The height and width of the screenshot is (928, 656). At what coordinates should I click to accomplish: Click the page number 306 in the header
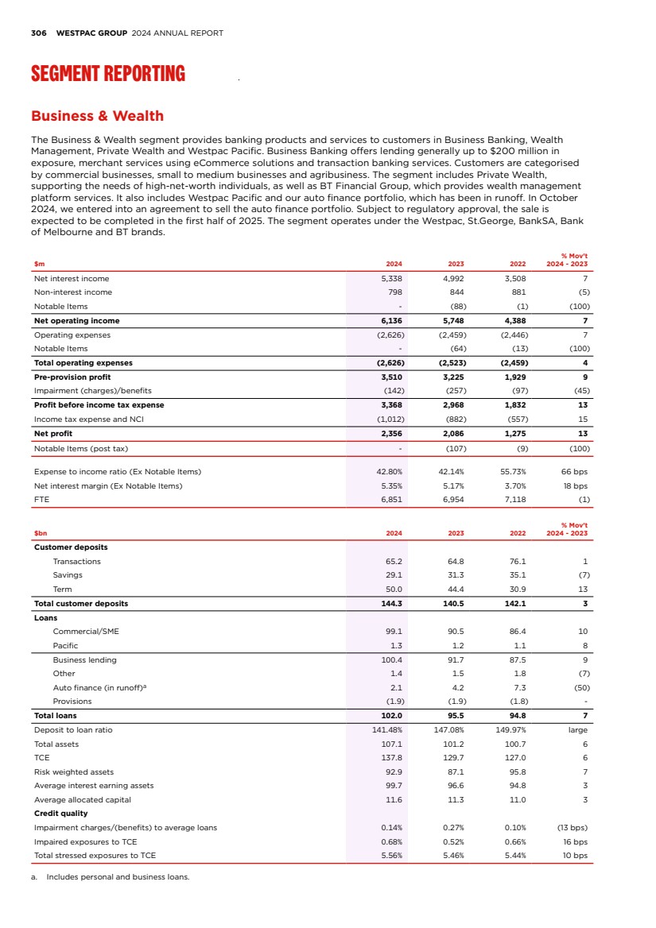coord(38,33)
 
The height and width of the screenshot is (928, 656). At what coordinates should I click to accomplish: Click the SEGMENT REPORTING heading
coord(108,75)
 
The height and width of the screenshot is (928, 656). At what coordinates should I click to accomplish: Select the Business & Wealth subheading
coord(97,116)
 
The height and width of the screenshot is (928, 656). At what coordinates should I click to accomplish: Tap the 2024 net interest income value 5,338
coord(392,279)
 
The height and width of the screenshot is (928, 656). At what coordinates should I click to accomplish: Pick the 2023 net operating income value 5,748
coord(452,321)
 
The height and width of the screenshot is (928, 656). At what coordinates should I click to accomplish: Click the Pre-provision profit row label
coord(72,377)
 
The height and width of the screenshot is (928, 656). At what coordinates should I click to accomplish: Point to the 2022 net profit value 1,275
coord(517,434)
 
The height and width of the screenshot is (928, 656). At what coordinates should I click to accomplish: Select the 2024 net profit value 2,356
coord(392,434)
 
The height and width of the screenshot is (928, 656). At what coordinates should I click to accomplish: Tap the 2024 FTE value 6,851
coord(392,500)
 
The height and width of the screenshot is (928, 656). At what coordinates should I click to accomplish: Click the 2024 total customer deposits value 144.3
coord(392,604)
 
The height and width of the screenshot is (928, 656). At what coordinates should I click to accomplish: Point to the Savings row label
coord(68,575)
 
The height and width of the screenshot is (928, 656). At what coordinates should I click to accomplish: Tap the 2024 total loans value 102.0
coord(392,716)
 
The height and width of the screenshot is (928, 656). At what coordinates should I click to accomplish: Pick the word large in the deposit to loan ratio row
coord(578,729)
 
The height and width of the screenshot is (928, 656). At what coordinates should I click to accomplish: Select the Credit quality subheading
coord(61,814)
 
